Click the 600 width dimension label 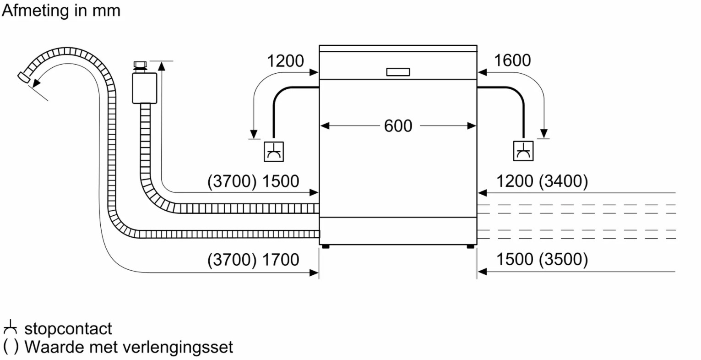click(x=398, y=126)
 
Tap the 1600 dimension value click(x=512, y=60)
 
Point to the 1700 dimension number click(x=281, y=260)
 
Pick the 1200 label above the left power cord click(x=285, y=61)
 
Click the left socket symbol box click(x=274, y=152)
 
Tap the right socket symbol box click(x=523, y=151)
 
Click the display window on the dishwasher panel click(x=398, y=72)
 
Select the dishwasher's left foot click(x=326, y=247)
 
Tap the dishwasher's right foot click(x=470, y=247)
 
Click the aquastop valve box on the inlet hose click(x=145, y=88)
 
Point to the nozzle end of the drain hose click(x=24, y=77)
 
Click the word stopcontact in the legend click(x=68, y=329)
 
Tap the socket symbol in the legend click(x=10, y=327)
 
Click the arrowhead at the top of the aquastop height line click(x=162, y=65)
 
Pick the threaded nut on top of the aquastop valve click(x=140, y=67)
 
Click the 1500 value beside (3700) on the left click(x=281, y=181)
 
